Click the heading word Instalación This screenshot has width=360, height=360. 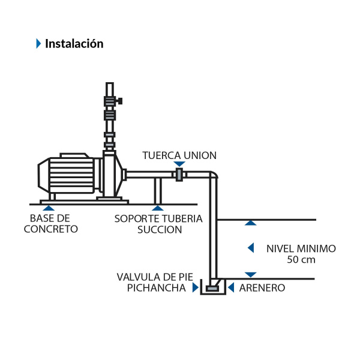pos(74,43)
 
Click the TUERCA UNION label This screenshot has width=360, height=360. pos(179,155)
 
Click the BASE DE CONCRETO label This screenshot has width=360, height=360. pos(51,223)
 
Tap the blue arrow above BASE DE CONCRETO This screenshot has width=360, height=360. pos(51,206)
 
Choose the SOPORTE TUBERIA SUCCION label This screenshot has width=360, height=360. pos(158,223)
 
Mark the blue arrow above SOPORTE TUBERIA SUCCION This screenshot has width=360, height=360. pos(158,206)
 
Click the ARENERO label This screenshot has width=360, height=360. pos(262,288)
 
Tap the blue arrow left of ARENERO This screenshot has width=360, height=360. pos(232,288)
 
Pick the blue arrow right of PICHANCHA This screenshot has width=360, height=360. pos(194,288)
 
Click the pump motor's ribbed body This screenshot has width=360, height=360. pos(71,176)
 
